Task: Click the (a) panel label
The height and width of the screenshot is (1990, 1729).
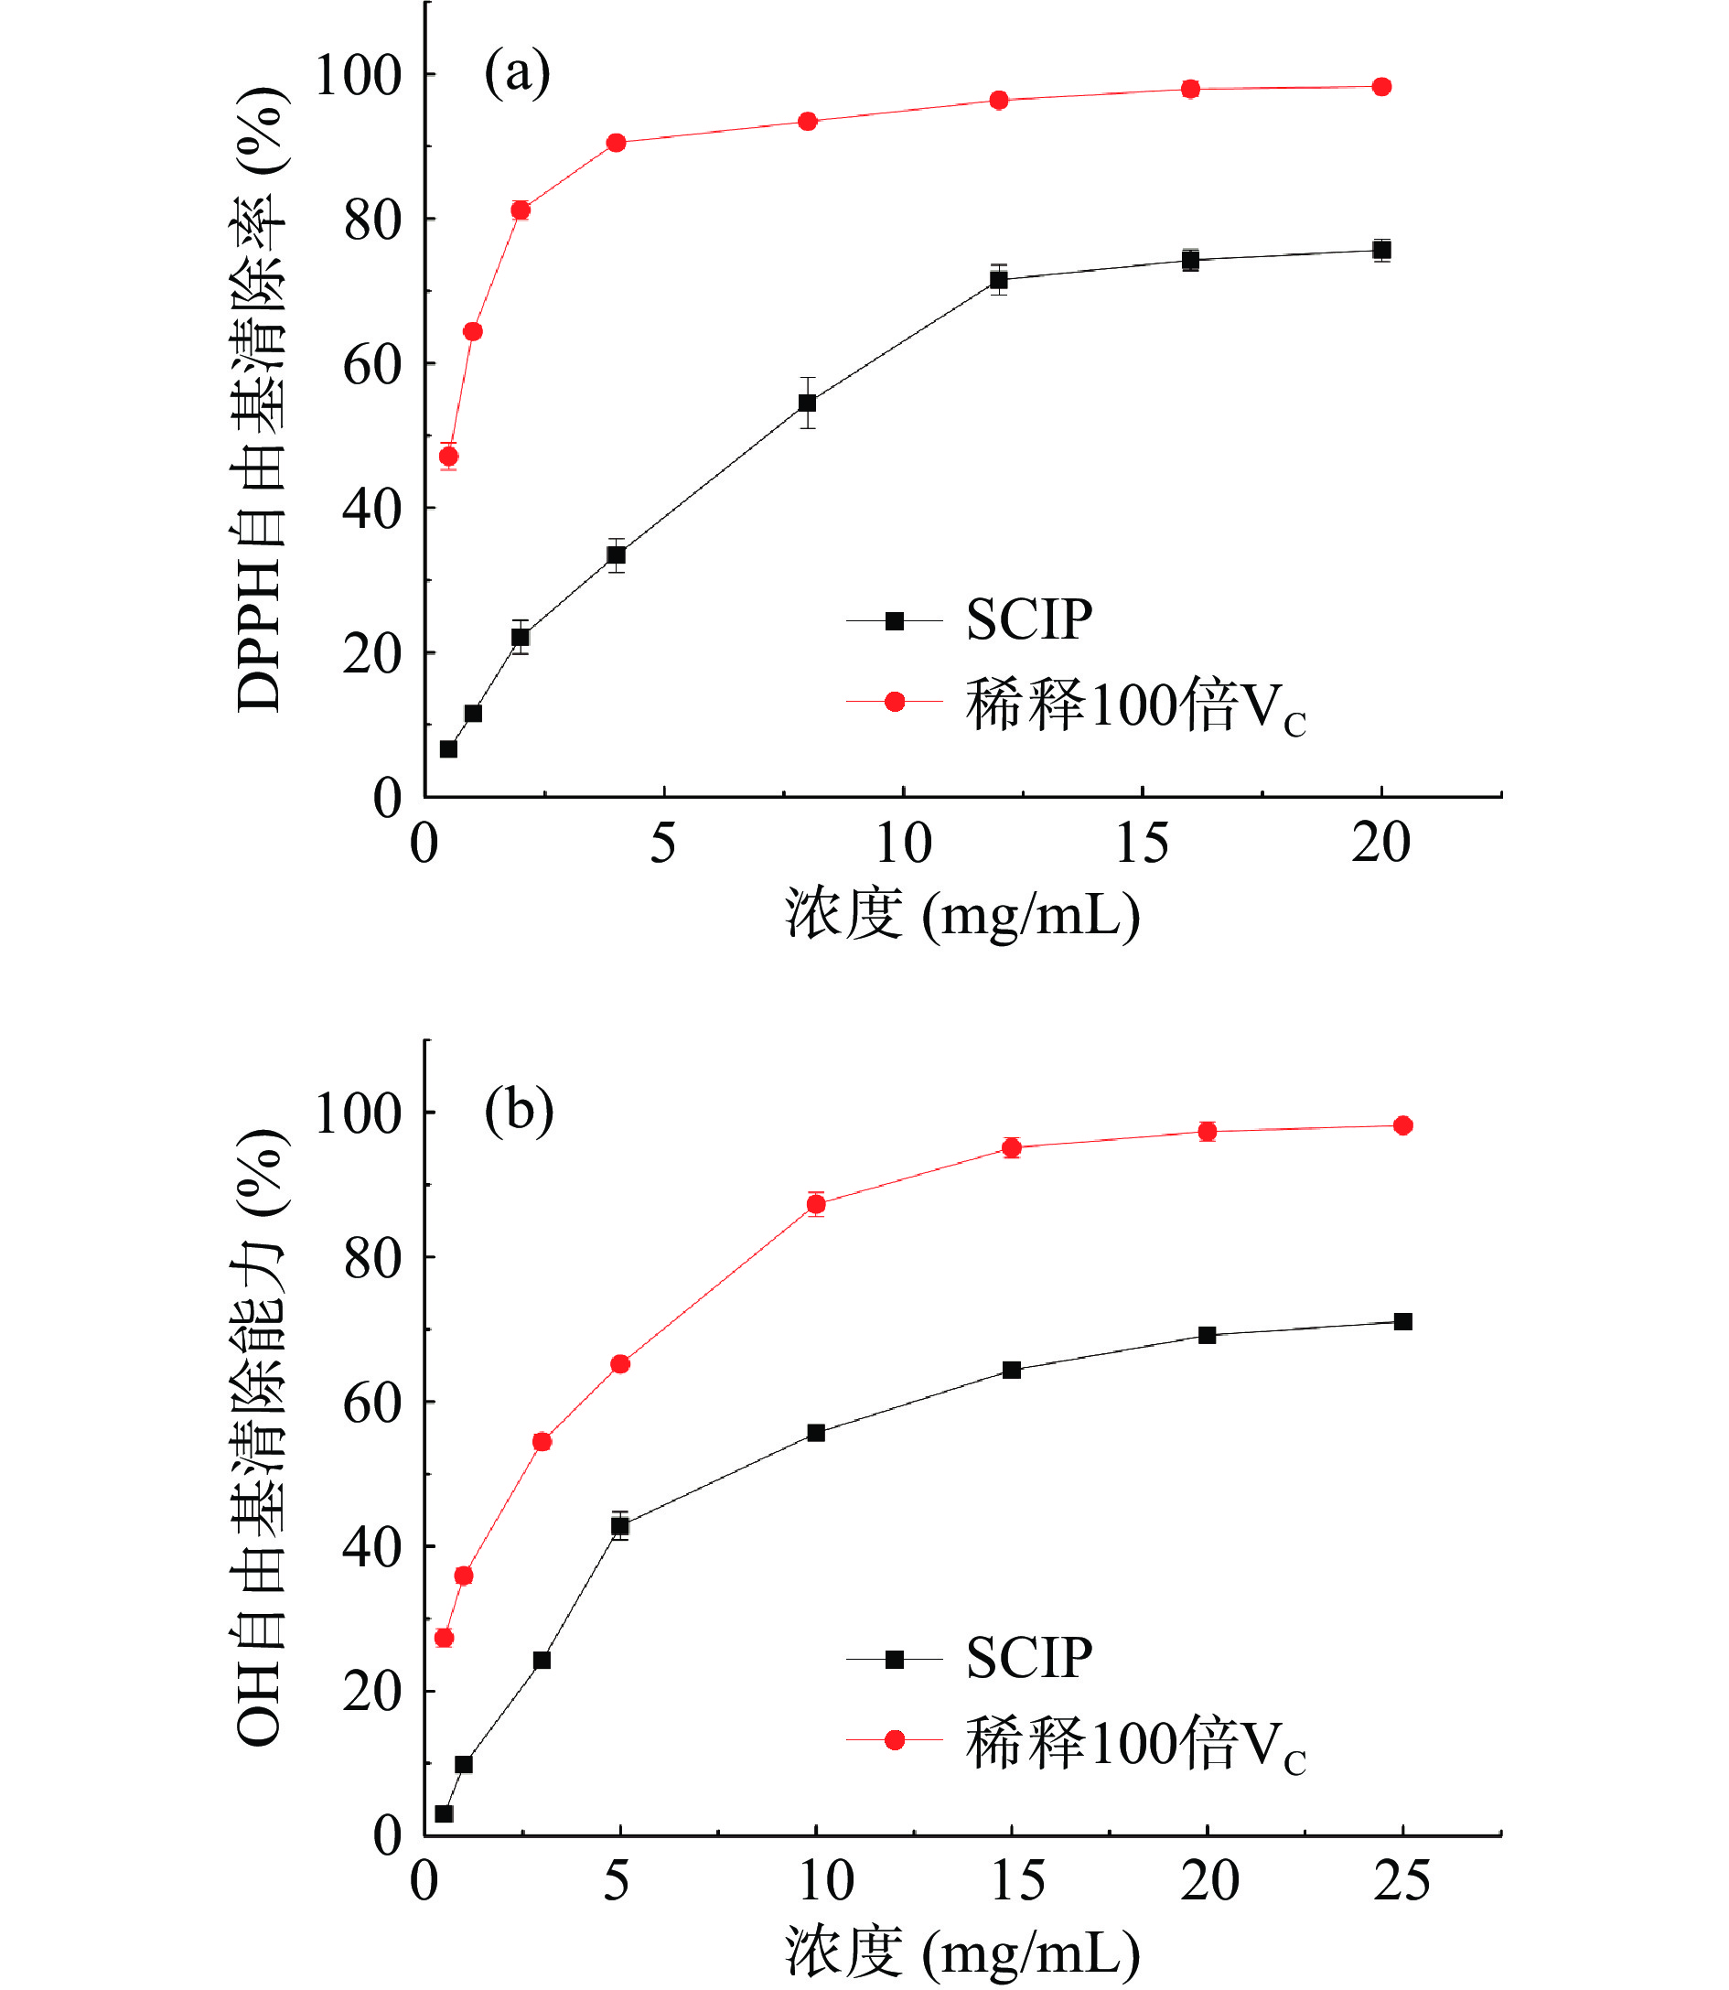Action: (517, 73)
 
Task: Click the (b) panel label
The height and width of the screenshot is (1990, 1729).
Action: (519, 1111)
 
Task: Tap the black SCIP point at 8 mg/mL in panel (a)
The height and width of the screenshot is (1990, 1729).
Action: (808, 403)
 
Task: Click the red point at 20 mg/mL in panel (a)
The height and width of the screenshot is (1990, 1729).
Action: (1381, 87)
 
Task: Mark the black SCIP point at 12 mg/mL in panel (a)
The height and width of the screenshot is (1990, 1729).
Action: (999, 280)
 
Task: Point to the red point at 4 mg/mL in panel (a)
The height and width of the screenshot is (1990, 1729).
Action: (617, 143)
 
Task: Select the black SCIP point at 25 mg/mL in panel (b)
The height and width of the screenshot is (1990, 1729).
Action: (1404, 1321)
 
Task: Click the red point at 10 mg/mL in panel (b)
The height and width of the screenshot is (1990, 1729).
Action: (816, 1203)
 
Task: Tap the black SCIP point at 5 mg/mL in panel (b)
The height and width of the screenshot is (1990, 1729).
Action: (620, 1526)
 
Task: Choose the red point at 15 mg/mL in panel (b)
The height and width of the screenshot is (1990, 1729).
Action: (1012, 1147)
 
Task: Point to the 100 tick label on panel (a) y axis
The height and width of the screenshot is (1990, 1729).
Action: (358, 75)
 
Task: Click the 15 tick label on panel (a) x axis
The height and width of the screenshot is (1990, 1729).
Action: (1142, 844)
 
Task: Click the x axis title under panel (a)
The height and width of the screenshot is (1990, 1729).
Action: (962, 913)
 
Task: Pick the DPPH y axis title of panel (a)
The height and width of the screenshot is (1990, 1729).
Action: (259, 400)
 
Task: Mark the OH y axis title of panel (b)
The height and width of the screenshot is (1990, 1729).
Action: (259, 1437)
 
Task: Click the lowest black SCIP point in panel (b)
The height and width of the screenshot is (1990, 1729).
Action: (444, 1813)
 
